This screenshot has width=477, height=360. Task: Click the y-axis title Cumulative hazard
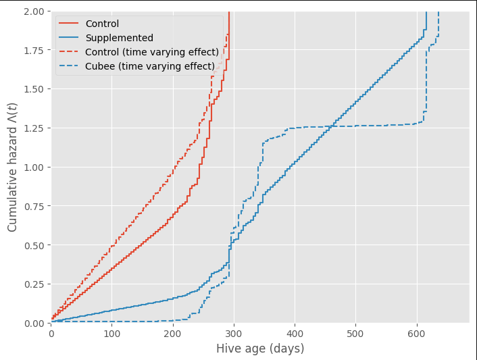point(13,167)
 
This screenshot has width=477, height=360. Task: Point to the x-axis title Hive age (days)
point(260,349)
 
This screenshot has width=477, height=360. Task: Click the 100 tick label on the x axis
point(112,333)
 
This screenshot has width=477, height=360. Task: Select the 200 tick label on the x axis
point(173,333)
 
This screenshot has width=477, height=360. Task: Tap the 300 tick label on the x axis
point(234,333)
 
